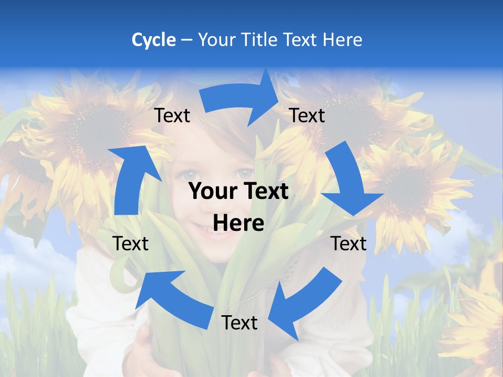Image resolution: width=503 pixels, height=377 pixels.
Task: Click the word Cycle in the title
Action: (x=154, y=40)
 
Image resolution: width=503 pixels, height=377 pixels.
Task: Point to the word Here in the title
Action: (x=343, y=40)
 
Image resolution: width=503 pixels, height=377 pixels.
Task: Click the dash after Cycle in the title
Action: (x=187, y=40)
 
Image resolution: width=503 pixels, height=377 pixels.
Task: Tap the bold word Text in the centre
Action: (x=263, y=192)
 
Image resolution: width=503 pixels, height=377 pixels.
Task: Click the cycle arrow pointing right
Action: (x=241, y=99)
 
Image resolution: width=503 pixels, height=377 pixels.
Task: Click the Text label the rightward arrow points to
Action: (x=307, y=115)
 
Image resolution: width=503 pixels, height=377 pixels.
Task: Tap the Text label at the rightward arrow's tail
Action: (x=172, y=115)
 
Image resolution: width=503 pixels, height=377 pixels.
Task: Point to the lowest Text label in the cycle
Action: (x=239, y=323)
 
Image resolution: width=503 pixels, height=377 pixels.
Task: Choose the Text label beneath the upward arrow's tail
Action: (x=130, y=243)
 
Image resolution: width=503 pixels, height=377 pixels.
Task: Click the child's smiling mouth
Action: (x=220, y=230)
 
